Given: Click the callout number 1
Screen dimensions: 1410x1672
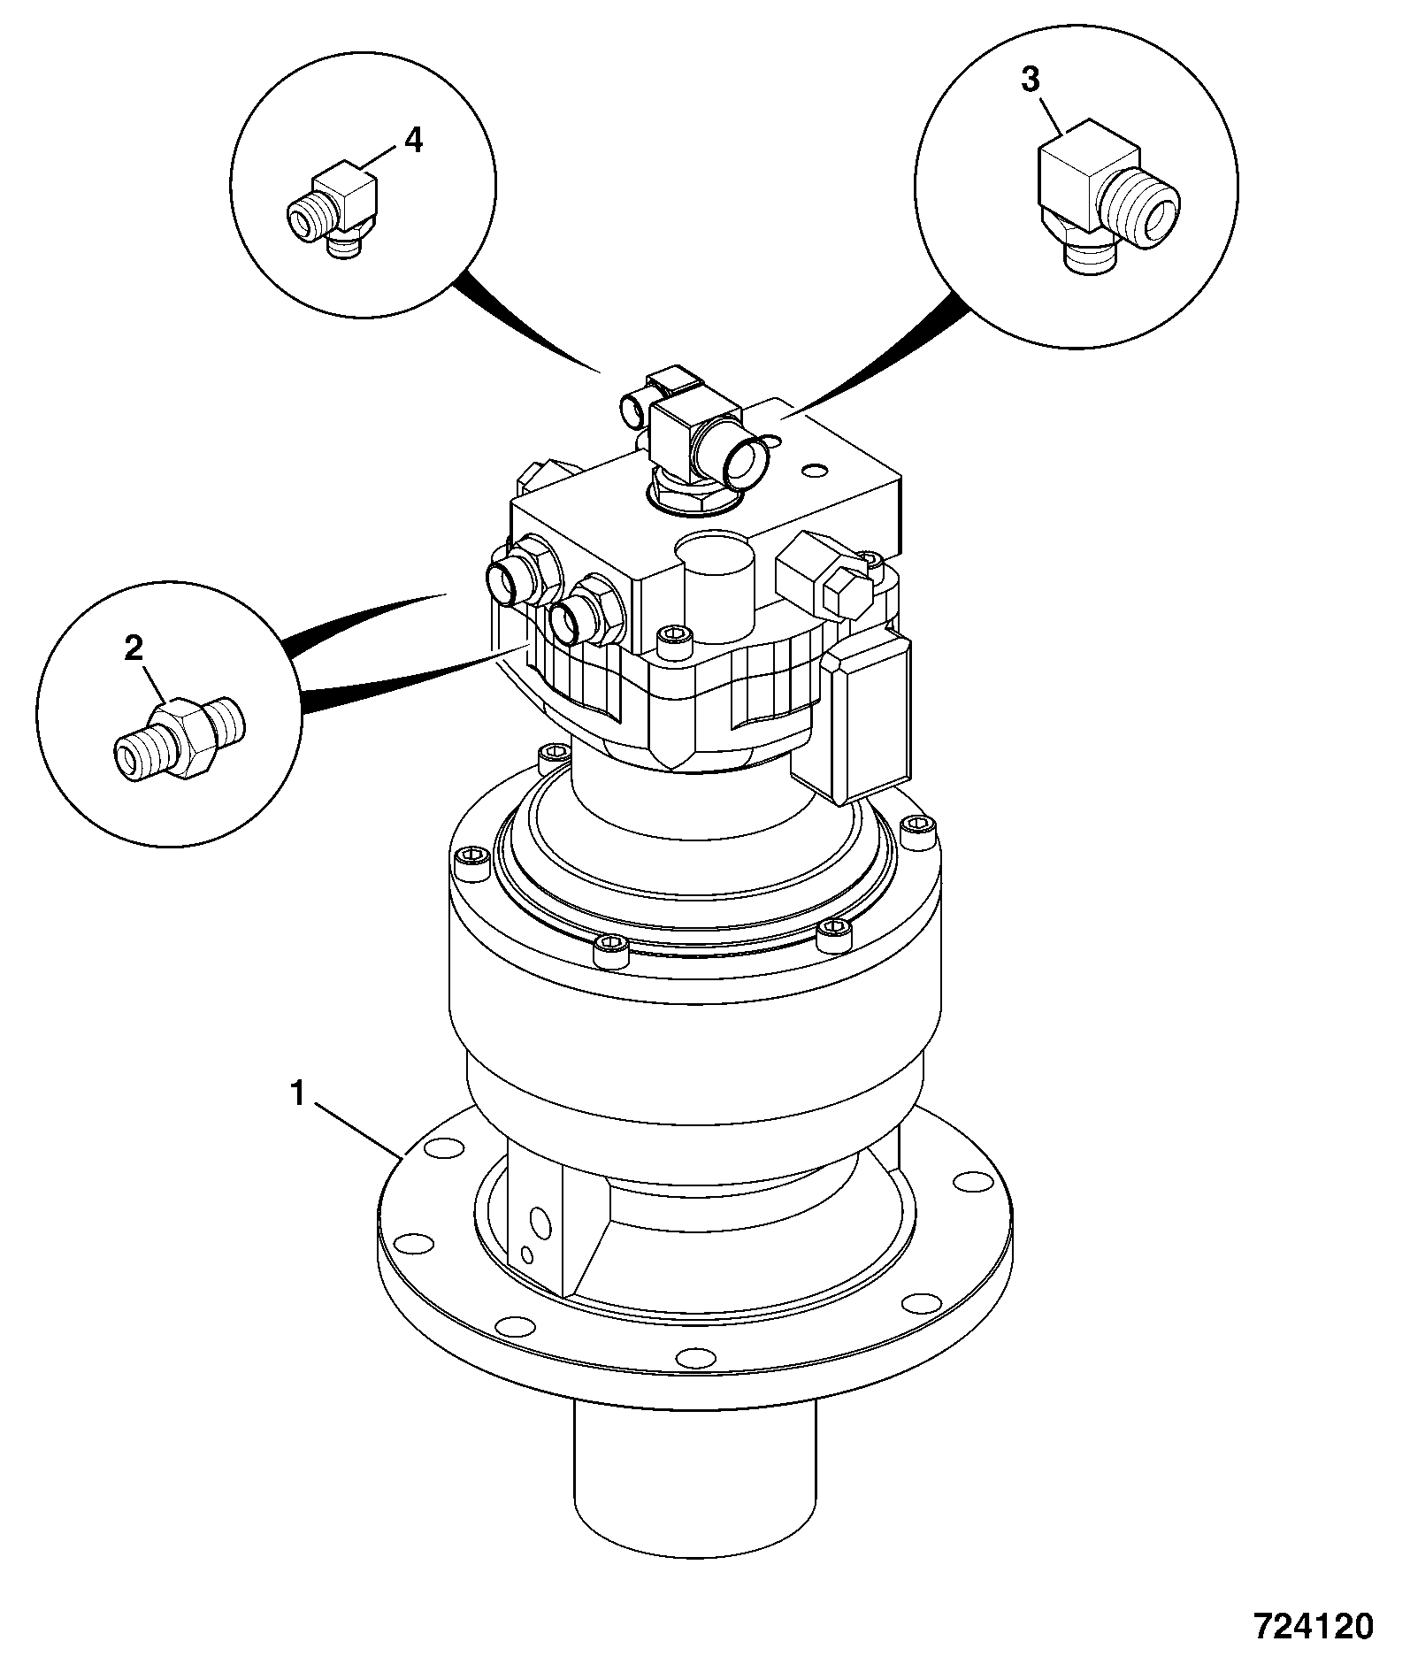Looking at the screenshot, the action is coord(298,1095).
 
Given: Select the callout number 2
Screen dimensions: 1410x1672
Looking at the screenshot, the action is coord(134,649).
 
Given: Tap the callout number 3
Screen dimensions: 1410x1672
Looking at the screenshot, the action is coord(1031,80).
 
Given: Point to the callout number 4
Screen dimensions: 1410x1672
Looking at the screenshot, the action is coord(413,140).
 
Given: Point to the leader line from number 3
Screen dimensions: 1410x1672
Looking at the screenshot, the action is coord(1053,113).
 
